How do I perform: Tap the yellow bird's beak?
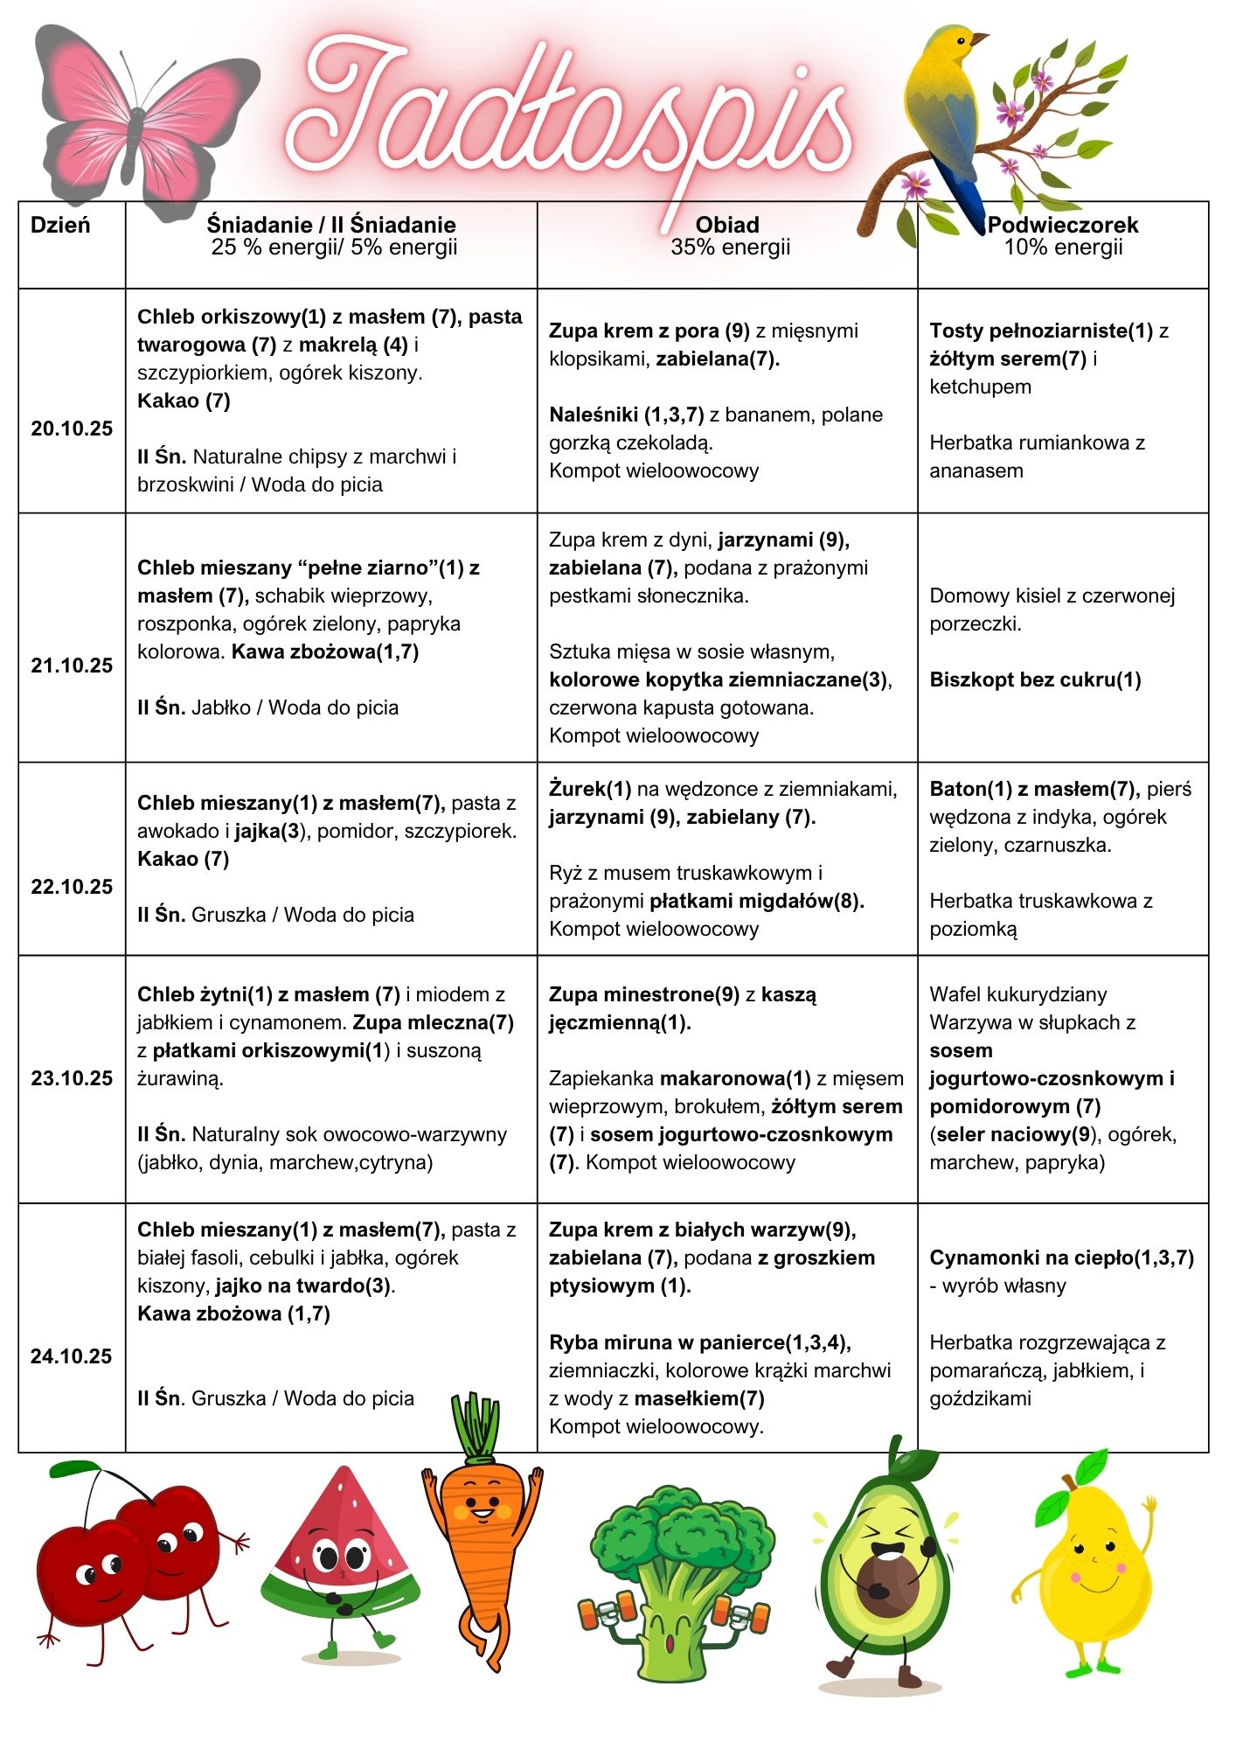coord(980,39)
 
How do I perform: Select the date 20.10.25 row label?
coord(72,429)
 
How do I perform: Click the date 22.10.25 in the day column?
coord(72,887)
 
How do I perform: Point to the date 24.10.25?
coord(72,1356)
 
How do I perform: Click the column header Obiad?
coord(727,225)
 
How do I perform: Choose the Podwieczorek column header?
coord(1063,225)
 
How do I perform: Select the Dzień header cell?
coord(60,225)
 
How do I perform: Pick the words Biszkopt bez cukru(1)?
coord(1035,679)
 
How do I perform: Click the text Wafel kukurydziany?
coord(1017,994)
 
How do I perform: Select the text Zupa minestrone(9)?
coord(644,994)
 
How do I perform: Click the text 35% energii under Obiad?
coord(730,247)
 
